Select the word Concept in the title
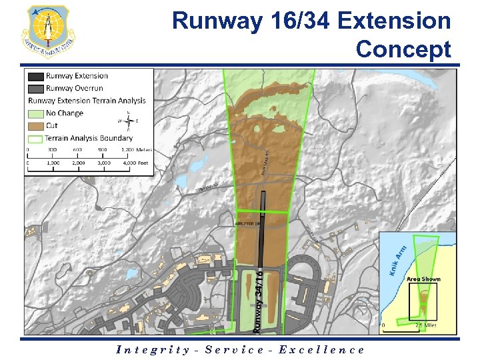coord(403,49)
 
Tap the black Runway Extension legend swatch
coord(36,76)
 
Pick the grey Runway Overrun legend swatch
coord(36,88)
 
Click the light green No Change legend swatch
coord(36,113)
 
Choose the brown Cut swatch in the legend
coord(36,125)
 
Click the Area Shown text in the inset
coord(423,279)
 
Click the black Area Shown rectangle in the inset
coord(423,301)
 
